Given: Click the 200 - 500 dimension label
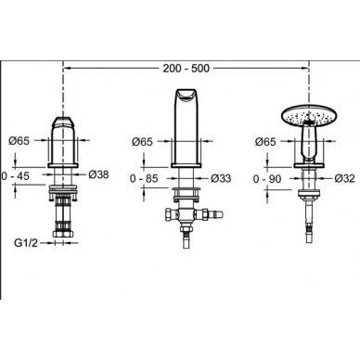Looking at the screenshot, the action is point(186,69).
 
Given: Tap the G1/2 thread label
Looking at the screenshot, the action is point(26,243).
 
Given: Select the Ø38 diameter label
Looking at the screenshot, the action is point(98,174).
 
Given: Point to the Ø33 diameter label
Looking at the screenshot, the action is point(221,178).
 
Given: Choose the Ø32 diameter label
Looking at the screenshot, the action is point(344,178).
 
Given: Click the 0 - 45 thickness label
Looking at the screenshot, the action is point(16,176).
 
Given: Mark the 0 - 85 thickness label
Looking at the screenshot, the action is point(144,178).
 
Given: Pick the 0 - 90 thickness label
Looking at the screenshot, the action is point(267,179).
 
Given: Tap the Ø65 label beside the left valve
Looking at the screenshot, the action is point(19,141).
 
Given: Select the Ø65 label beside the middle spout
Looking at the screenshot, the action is point(142,142).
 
